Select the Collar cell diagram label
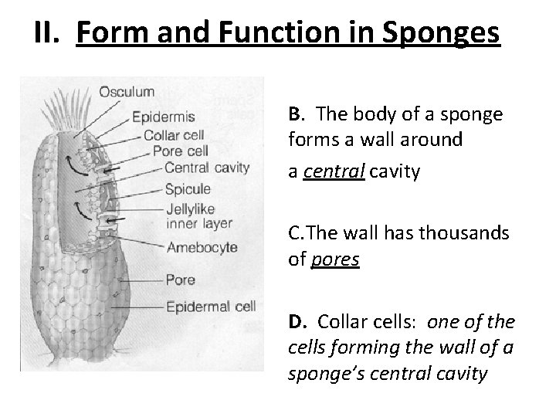pyautogui.click(x=175, y=135)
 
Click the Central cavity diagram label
pyautogui.click(x=207, y=167)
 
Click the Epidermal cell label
pyautogui.click(x=211, y=307)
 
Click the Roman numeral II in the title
pyautogui.click(x=47, y=35)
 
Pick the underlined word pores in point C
pyautogui.click(x=334, y=259)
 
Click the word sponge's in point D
pyautogui.click(x=317, y=375)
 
